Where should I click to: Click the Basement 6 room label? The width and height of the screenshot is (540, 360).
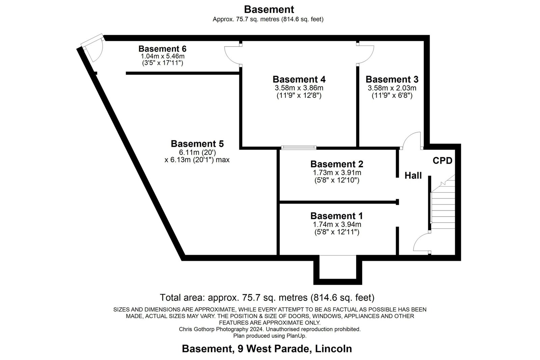click(x=162, y=49)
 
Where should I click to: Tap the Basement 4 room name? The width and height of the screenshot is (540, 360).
click(x=299, y=79)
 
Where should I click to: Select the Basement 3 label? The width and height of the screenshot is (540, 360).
click(x=392, y=79)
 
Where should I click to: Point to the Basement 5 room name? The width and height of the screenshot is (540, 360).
click(x=197, y=144)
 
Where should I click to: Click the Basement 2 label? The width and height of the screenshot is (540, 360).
click(x=337, y=164)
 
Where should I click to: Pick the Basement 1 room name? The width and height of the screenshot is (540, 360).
click(x=336, y=216)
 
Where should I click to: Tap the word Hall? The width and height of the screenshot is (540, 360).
click(x=413, y=175)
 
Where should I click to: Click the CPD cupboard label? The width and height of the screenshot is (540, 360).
click(x=442, y=161)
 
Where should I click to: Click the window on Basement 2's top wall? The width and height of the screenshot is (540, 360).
click(x=299, y=147)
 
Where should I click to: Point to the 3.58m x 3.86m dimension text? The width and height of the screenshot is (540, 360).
click(x=299, y=88)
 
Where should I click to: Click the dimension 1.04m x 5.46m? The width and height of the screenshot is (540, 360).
click(x=162, y=56)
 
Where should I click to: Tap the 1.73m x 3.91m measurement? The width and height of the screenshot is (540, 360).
click(x=337, y=173)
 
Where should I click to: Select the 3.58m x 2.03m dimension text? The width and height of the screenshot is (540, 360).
click(x=392, y=88)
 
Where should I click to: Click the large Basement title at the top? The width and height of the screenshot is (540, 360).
click(x=269, y=9)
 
